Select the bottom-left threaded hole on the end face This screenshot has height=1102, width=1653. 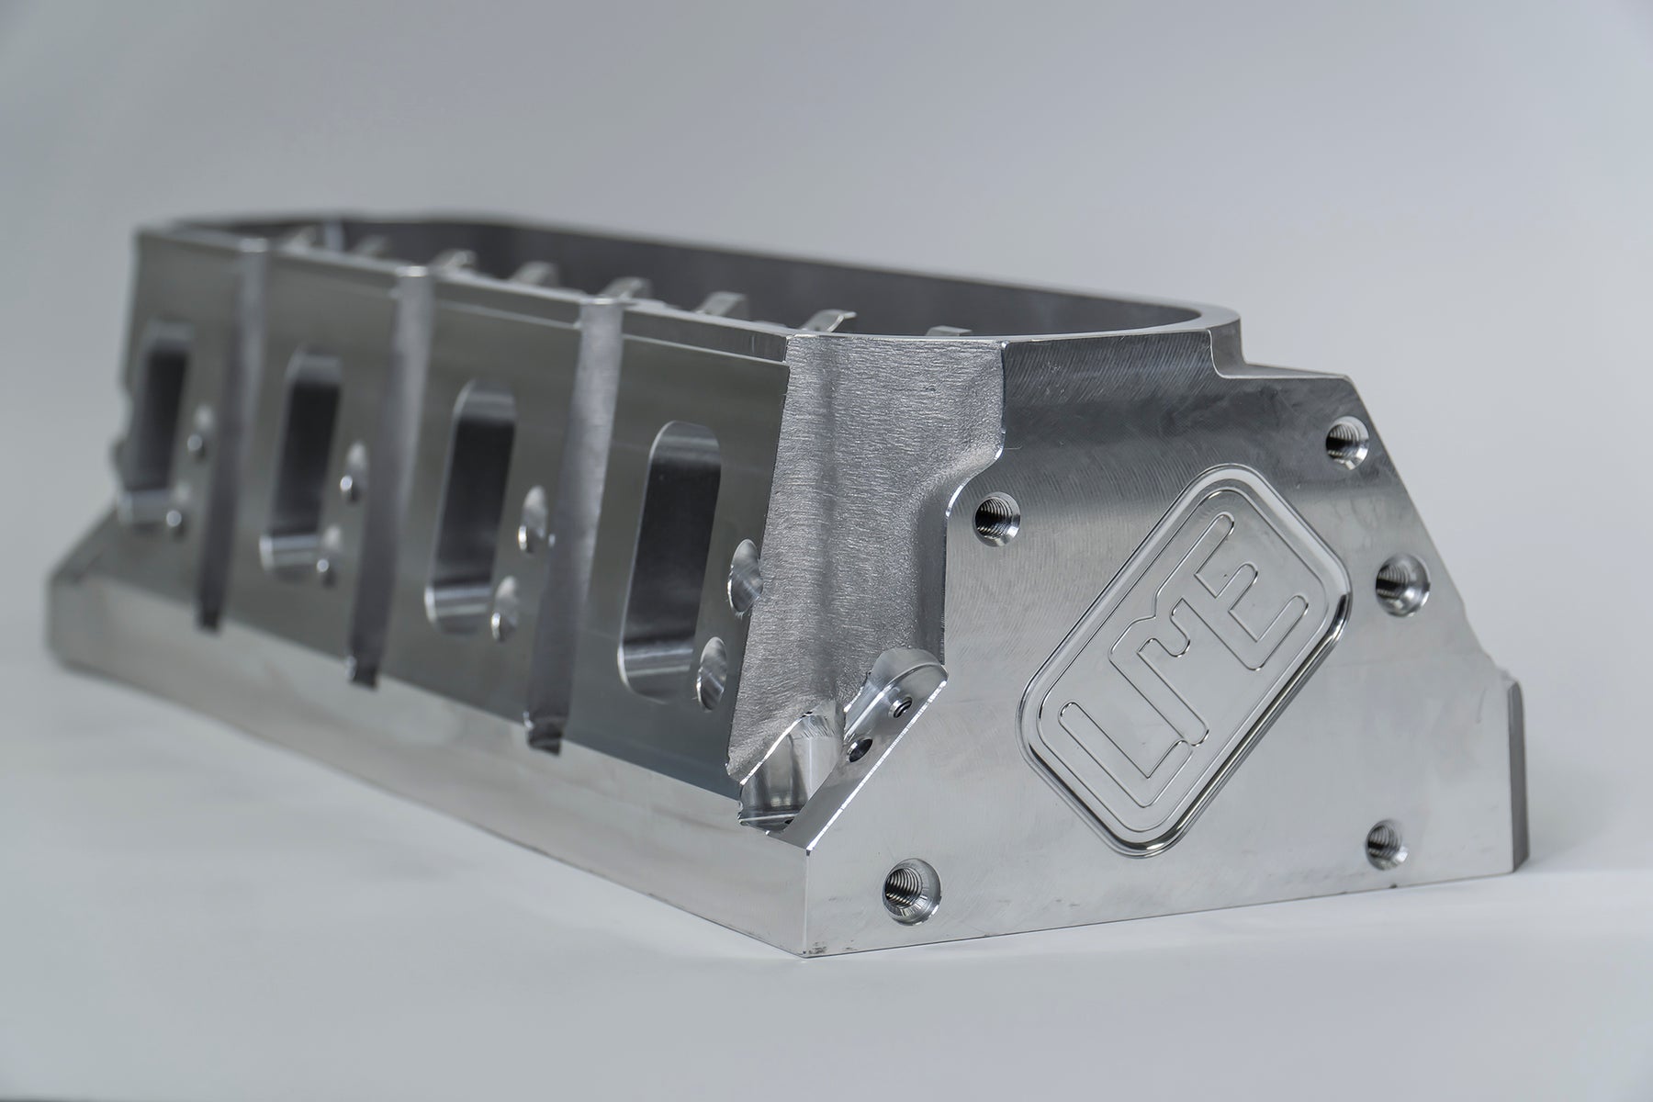pyautogui.click(x=905, y=885)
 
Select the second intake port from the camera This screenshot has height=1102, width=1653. pyautogui.click(x=478, y=514)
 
